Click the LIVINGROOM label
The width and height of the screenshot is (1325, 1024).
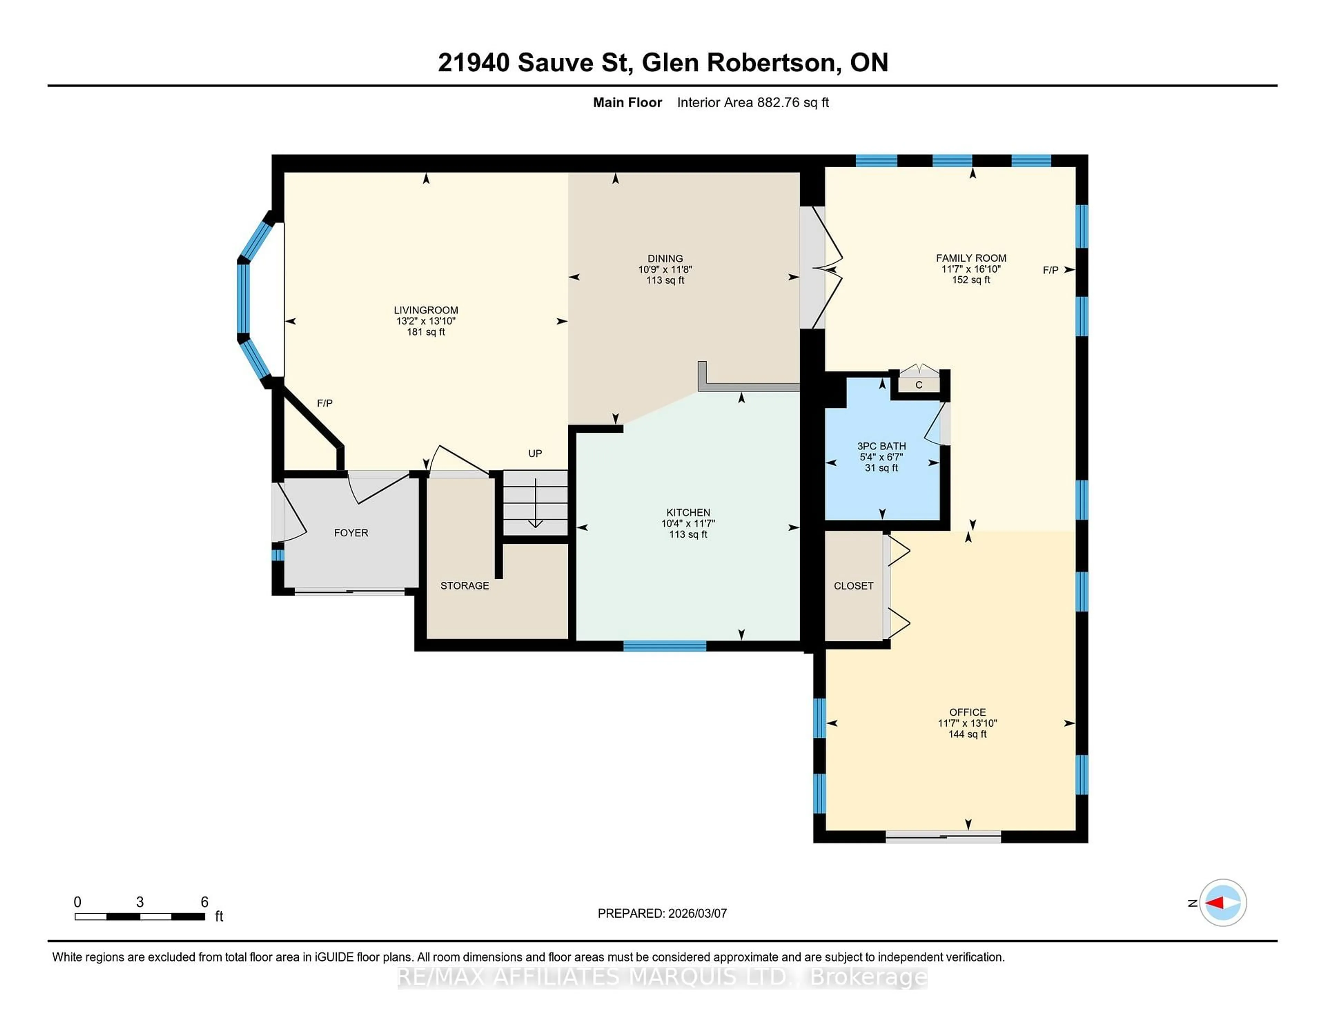click(426, 310)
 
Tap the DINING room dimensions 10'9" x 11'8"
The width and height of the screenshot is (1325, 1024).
click(665, 269)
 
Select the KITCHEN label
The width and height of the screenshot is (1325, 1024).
click(688, 513)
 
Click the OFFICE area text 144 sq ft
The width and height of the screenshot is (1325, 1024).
click(967, 734)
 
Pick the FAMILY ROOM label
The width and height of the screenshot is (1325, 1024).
click(971, 258)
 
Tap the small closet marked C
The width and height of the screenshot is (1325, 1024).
click(919, 385)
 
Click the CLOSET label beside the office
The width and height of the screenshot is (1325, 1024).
click(853, 585)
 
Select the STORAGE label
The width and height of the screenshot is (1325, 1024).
click(464, 585)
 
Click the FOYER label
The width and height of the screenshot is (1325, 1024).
click(351, 533)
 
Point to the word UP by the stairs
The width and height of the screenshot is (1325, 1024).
click(534, 453)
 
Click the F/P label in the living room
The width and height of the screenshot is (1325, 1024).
click(325, 403)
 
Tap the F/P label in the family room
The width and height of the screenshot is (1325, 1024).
click(1050, 270)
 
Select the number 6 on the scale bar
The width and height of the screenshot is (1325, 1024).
click(205, 902)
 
